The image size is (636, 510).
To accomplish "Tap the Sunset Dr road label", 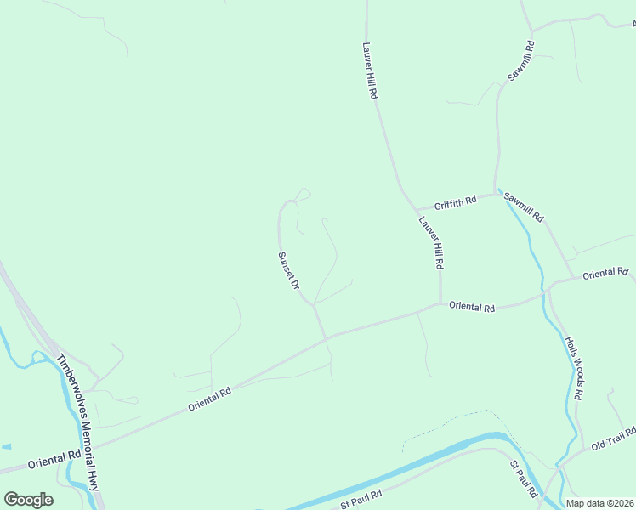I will click(289, 269).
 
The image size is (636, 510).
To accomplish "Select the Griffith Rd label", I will click(455, 204).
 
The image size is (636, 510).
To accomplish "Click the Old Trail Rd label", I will click(614, 439).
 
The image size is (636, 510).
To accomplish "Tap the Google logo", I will click(28, 500).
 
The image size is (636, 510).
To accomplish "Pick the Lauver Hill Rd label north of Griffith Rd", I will click(369, 71).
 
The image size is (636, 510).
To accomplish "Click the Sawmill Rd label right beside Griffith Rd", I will click(522, 207).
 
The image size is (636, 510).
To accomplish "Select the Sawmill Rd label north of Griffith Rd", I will click(520, 61).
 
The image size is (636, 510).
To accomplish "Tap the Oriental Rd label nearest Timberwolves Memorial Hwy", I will click(54, 460).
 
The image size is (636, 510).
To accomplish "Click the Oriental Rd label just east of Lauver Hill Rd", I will click(472, 307).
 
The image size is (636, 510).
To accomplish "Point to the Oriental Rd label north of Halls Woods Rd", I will click(605, 273).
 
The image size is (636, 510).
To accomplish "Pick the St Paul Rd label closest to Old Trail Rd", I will click(524, 479).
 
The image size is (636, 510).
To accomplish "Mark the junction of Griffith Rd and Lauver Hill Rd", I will click(414, 209).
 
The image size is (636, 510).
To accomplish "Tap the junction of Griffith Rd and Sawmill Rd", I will click(496, 194).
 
